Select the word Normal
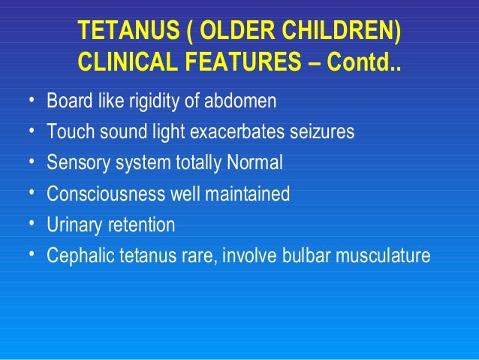point(258,163)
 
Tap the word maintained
point(249,194)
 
